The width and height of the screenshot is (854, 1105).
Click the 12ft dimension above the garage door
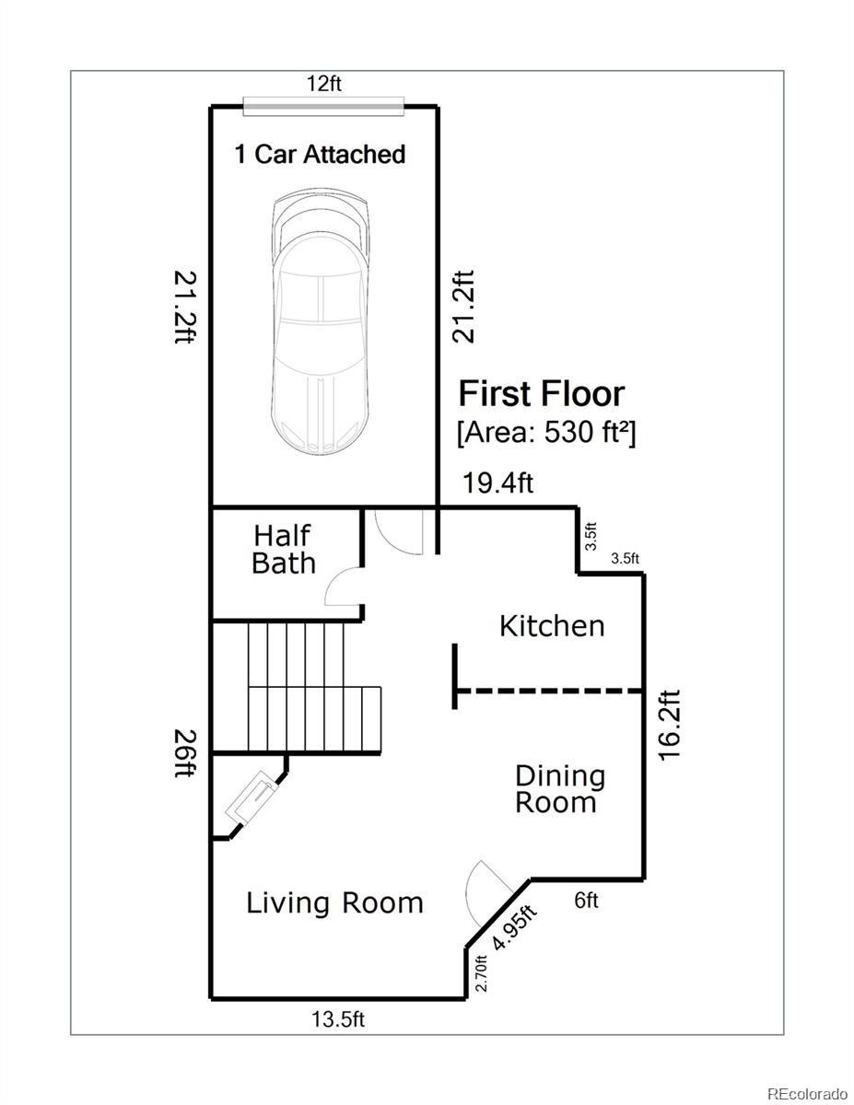[x=324, y=83]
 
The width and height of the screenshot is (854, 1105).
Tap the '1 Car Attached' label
[x=320, y=154]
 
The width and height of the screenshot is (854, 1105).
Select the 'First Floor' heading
[x=542, y=394]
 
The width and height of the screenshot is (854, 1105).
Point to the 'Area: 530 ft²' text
[x=547, y=434]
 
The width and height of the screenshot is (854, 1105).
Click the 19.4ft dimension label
[x=497, y=483]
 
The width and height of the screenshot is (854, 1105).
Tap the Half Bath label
[x=284, y=550]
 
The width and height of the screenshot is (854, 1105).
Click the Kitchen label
[x=552, y=626]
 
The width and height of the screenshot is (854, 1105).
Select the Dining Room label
[x=560, y=796]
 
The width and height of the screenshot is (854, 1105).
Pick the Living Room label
[x=334, y=903]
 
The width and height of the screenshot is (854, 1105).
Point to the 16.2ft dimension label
[x=669, y=725]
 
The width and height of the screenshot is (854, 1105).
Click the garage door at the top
[x=323, y=106]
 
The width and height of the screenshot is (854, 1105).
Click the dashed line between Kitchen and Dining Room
[x=548, y=691]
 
